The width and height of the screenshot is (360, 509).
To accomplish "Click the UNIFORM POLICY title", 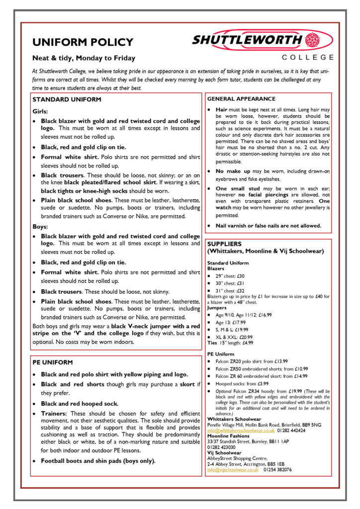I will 83,42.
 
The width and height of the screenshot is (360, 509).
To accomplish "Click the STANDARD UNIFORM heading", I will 67,99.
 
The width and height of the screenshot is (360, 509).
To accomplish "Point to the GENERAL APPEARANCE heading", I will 241,99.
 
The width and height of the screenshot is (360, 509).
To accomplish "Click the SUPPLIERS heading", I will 224,244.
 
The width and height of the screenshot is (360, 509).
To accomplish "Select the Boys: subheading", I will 41,227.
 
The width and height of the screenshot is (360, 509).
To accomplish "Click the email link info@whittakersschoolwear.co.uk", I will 241,430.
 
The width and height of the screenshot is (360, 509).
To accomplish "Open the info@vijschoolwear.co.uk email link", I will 233,469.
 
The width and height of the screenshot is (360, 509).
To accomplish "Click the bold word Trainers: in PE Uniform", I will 55,414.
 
